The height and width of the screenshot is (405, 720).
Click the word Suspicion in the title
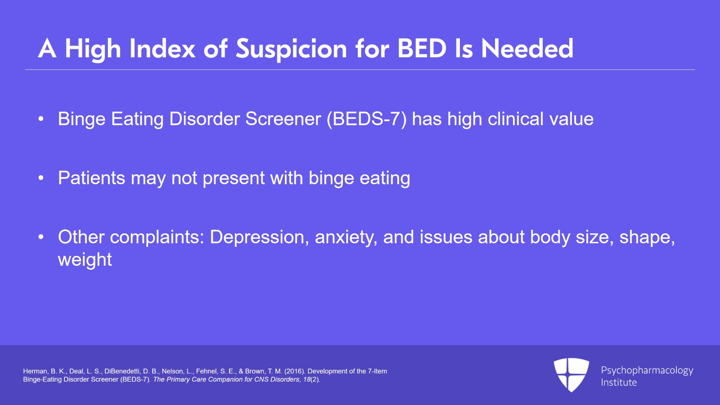291,49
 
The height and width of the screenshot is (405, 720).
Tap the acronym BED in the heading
422,49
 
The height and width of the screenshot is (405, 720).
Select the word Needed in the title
527,49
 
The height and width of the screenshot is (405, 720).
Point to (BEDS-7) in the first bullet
366,119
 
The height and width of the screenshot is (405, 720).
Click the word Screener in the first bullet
283,119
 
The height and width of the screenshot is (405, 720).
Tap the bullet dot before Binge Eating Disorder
41,119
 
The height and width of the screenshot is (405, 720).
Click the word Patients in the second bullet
91,178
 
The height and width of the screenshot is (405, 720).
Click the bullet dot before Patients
41,178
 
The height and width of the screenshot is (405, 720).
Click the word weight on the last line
85,260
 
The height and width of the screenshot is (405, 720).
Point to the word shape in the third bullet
644,237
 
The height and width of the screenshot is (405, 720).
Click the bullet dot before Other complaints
41,237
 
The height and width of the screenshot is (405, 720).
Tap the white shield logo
571,374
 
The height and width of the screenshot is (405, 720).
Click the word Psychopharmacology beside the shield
647,370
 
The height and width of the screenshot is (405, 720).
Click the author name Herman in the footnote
35,371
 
